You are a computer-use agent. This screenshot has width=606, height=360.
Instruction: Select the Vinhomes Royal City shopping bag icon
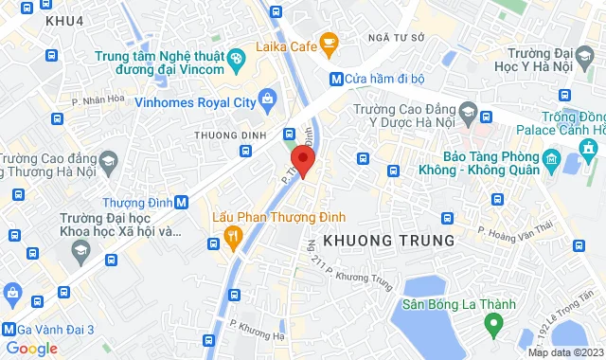pyautogui.click(x=269, y=97)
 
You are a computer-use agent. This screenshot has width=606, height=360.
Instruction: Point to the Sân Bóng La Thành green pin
pyautogui.click(x=491, y=325)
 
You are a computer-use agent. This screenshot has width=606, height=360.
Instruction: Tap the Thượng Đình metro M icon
pyautogui.click(x=181, y=201)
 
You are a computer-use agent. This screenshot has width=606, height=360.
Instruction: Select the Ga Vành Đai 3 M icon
pyautogui.click(x=9, y=329)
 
